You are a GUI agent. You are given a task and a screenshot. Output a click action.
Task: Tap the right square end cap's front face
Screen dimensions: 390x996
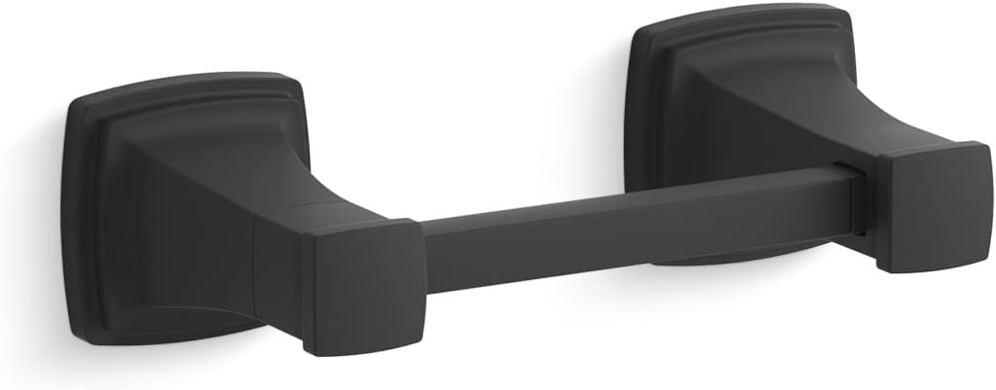pos(932,209)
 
